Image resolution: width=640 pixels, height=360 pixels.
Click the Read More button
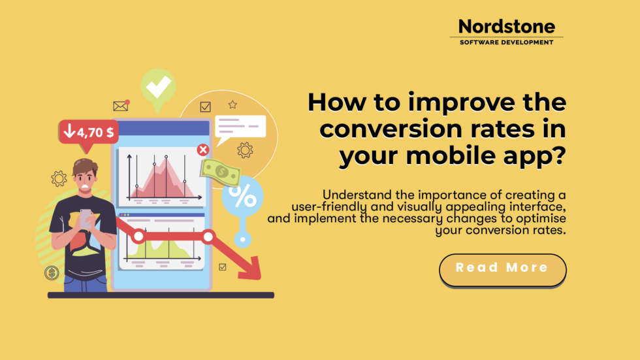click(502, 269)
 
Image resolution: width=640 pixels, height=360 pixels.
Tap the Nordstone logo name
click(506, 26)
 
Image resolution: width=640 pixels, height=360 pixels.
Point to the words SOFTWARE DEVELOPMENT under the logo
click(506, 42)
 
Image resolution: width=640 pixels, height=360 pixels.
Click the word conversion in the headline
click(398, 129)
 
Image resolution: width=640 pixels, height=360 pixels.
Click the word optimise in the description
click(537, 218)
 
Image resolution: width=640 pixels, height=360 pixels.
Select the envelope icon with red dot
click(121, 106)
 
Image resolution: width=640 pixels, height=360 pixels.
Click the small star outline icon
click(232, 105)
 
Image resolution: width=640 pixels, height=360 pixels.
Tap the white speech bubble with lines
click(240, 127)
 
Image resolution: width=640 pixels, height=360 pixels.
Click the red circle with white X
click(203, 150)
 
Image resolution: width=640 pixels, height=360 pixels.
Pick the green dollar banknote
click(220, 172)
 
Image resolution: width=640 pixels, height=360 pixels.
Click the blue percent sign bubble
click(242, 196)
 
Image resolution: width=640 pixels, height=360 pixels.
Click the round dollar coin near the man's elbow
click(52, 273)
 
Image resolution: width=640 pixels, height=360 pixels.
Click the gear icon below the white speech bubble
click(245, 150)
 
